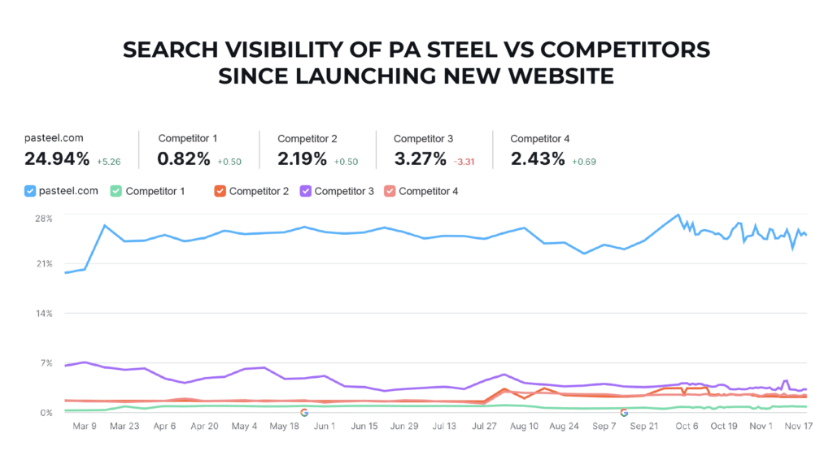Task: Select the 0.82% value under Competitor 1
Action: pos(183,159)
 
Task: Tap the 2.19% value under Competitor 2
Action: pos(303,159)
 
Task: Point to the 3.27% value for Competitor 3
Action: pos(420,159)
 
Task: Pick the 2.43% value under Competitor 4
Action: pos(537,159)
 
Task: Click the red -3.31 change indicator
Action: pos(464,162)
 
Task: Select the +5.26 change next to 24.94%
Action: pos(109,162)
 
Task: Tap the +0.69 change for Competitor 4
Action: pos(584,162)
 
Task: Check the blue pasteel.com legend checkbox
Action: pos(31,191)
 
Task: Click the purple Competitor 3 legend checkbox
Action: pos(306,191)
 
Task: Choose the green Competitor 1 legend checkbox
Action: pos(116,191)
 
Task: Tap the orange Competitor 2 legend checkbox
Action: pos(220,191)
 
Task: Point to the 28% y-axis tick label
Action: pos(43,218)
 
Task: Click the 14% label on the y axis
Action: pos(43,314)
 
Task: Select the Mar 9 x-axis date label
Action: pos(85,426)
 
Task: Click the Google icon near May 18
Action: pos(304,413)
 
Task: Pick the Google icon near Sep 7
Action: pos(624,413)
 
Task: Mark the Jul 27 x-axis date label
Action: pos(484,426)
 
